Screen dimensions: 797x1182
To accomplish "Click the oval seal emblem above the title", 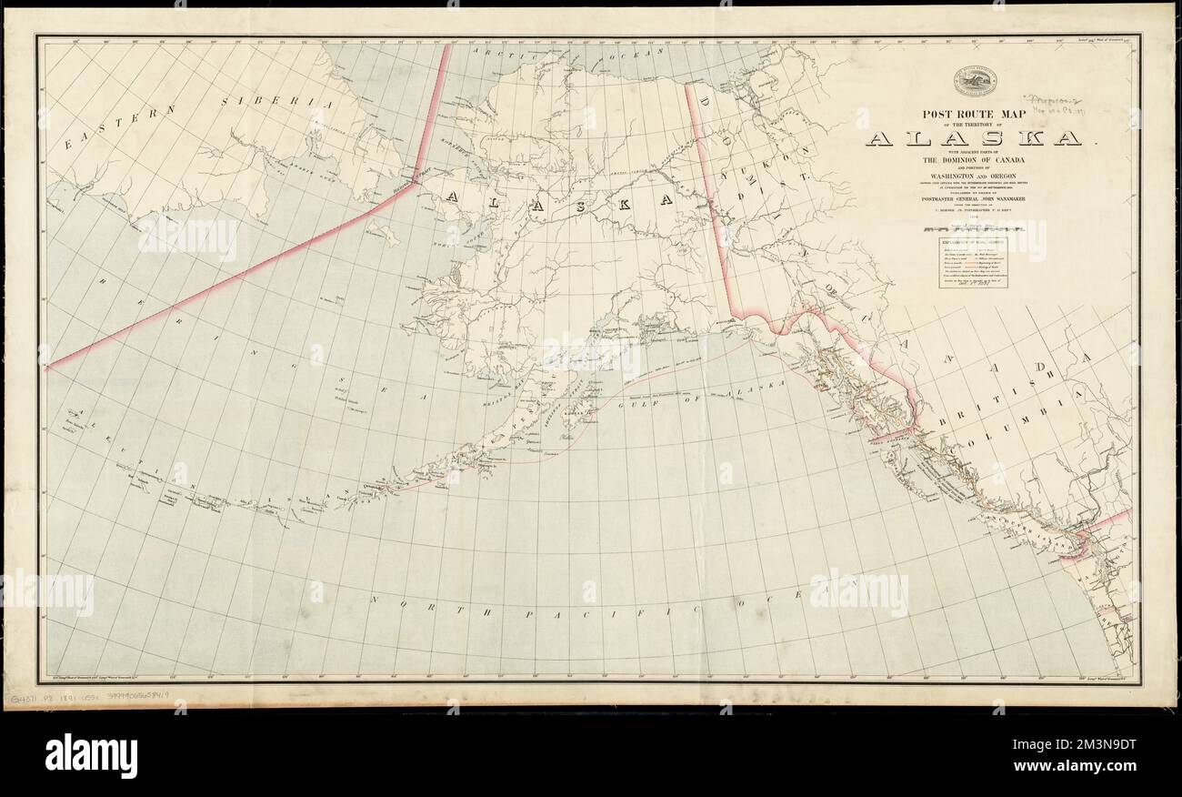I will click(975, 82).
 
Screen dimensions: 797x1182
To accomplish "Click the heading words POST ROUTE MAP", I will click(974, 116).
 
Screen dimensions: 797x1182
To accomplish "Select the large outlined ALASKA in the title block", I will click(974, 139).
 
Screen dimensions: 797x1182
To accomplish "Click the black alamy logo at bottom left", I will click(91, 754).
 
